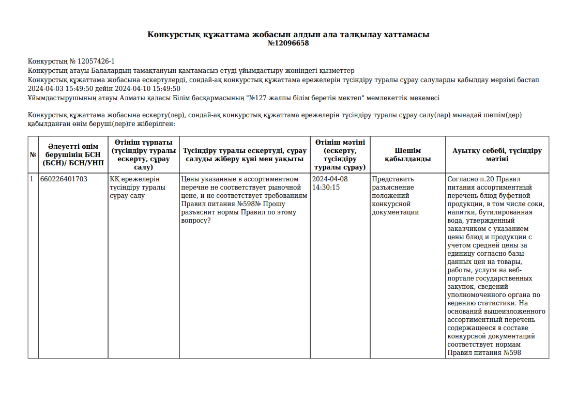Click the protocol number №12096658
[288, 43]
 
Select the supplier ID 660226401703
[64, 179]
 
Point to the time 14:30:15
[326, 188]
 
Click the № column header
[33, 155]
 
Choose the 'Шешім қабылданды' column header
[407, 155]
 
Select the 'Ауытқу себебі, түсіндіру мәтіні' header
[497, 155]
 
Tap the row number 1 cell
[32, 179]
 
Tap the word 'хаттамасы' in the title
[406, 35]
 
